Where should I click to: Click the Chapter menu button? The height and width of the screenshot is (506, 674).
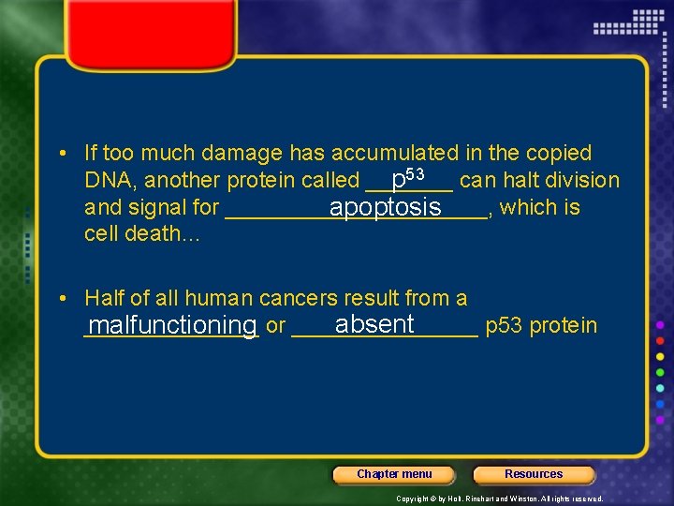tap(394, 474)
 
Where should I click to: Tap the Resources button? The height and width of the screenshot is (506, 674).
tap(534, 474)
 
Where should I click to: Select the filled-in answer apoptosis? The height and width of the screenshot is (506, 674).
tap(385, 207)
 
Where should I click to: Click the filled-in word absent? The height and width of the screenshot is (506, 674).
tap(374, 324)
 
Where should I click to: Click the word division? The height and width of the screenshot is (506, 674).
tap(586, 180)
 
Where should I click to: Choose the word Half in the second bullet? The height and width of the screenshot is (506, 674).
tap(105, 298)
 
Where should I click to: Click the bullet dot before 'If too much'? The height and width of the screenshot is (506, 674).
tap(62, 153)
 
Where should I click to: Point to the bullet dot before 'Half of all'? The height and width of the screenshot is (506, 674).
tap(62, 298)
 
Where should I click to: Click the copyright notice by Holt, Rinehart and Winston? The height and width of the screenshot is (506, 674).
tap(500, 499)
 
